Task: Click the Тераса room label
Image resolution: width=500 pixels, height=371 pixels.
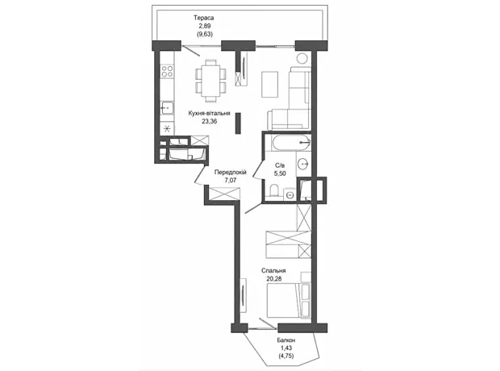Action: [203, 18]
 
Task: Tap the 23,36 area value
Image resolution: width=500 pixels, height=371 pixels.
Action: [209, 121]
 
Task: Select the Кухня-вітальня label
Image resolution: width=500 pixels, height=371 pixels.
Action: [209, 113]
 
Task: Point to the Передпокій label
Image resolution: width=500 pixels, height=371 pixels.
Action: [230, 173]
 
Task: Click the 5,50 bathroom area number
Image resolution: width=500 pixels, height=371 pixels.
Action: [280, 173]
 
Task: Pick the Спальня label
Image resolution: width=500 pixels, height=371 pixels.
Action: [273, 270]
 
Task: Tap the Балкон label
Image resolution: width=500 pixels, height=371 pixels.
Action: [286, 340]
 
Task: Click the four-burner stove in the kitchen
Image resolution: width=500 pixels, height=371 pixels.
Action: [167, 71]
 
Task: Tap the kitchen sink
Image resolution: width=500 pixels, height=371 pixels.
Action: [167, 108]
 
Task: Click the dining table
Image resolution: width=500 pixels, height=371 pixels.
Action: [210, 81]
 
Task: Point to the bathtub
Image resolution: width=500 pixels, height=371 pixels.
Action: [291, 143]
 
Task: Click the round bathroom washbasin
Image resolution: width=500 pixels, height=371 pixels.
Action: [303, 165]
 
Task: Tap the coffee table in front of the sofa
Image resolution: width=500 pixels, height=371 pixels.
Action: [270, 84]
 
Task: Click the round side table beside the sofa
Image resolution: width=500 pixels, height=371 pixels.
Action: [302, 58]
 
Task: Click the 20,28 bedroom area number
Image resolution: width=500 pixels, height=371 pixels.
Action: [274, 278]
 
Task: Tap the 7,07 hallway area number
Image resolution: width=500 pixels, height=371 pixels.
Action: [230, 180]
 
